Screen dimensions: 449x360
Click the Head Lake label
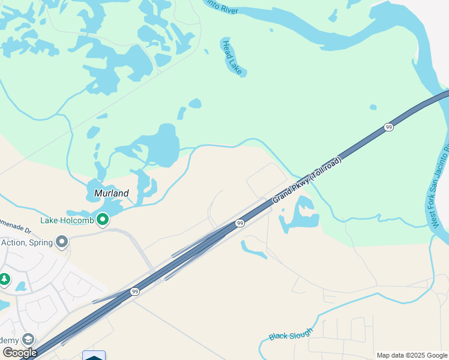point(232,57)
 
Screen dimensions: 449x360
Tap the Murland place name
point(112,193)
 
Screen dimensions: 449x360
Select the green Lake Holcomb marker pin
point(103,220)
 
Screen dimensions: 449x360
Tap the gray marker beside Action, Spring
point(61,242)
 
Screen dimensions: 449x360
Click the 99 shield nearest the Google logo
point(134,292)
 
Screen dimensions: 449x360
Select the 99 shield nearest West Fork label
point(389,127)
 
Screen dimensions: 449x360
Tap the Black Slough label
point(291,334)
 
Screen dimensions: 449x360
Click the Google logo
point(19,352)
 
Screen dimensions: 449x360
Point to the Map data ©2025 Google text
point(412,355)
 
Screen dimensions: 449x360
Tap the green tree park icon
point(5,279)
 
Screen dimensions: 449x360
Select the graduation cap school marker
point(28,340)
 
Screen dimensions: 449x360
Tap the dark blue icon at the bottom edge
point(94,356)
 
